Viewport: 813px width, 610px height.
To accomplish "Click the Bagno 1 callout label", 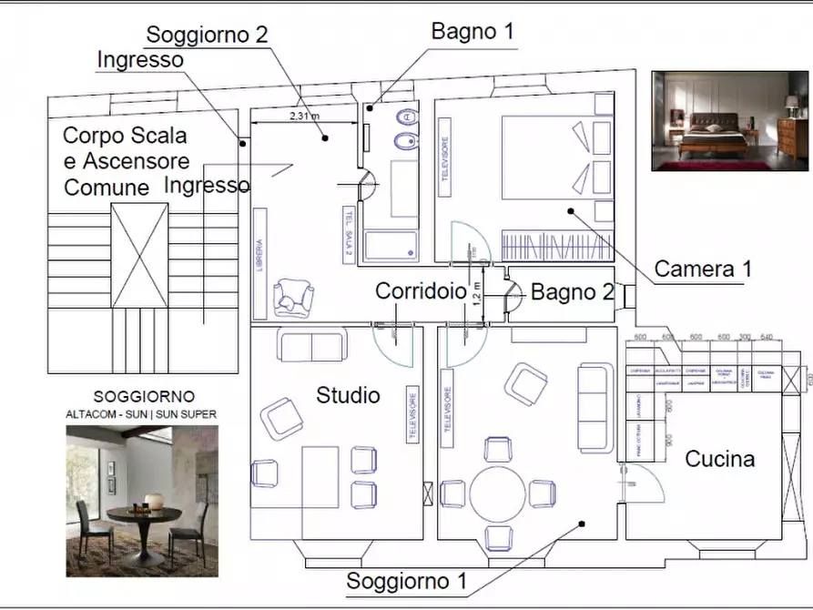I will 473,31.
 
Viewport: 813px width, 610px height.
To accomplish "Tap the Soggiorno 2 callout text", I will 207,35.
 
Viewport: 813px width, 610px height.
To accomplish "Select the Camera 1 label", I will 704,269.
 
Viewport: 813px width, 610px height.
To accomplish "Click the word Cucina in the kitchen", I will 719,459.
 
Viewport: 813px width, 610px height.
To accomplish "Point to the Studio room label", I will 348,395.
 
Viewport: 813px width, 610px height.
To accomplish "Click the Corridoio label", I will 420,291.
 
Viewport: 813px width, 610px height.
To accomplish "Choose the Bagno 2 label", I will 572,292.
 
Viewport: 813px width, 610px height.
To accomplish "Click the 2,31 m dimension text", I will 304,117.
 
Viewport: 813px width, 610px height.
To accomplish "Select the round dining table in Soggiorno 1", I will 497,493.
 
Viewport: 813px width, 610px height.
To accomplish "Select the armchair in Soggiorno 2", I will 293,296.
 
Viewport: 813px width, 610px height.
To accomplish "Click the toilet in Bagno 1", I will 407,117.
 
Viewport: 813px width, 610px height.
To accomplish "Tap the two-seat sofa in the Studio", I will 311,347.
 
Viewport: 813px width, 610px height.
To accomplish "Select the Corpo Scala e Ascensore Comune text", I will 126,161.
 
